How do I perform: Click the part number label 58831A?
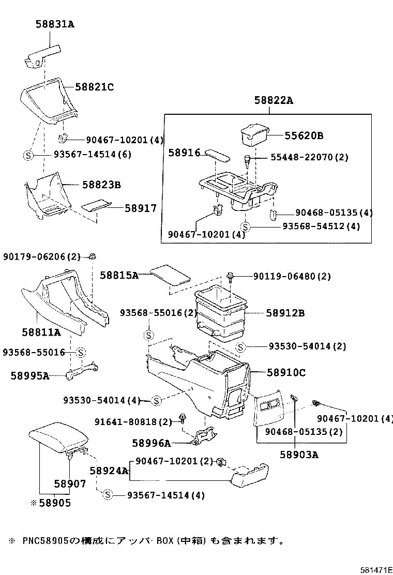(x=55, y=24)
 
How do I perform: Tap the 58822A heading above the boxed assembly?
(x=273, y=101)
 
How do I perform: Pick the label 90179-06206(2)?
(x=42, y=256)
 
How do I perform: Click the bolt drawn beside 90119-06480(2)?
(x=232, y=277)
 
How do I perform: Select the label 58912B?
(x=285, y=313)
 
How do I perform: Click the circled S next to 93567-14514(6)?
(x=28, y=155)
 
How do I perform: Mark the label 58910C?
(x=286, y=372)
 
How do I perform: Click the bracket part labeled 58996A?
(x=205, y=435)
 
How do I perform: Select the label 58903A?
(x=299, y=455)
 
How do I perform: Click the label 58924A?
(x=108, y=471)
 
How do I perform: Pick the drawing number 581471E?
(x=376, y=569)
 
